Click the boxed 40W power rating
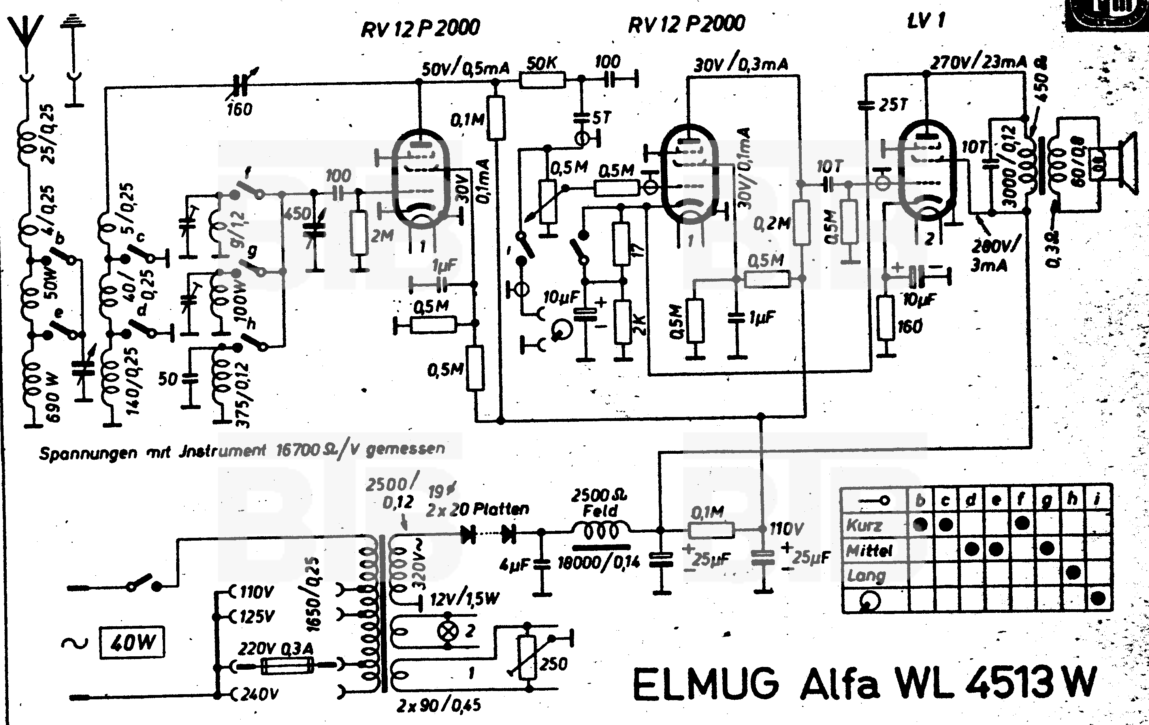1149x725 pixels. pos(132,643)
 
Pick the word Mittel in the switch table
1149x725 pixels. pos(869,551)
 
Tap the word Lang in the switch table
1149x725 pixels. pos(866,576)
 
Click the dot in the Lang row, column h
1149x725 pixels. pos(1073,572)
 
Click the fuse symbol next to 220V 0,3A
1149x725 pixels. pos(287,665)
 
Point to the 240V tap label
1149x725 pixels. pos(257,694)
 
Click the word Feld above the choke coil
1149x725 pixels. pos(600,511)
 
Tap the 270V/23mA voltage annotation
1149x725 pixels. pos(978,62)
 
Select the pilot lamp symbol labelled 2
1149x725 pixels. pos(448,631)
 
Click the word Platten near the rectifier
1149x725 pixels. pos(501,509)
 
